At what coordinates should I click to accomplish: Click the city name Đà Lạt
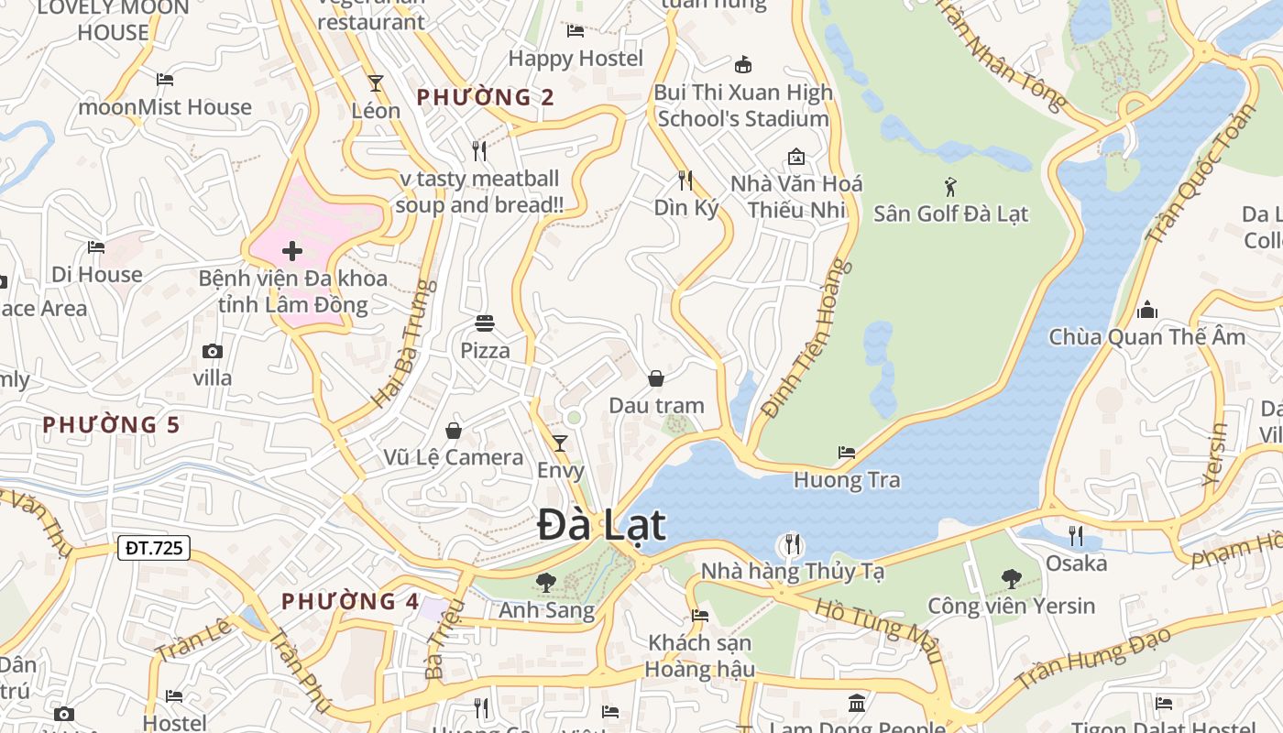click(601, 526)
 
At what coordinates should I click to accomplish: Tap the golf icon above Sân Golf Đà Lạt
click(950, 187)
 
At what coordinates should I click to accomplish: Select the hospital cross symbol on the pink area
click(292, 251)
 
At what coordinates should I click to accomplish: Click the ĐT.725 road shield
click(154, 548)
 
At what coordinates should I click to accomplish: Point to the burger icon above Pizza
click(485, 323)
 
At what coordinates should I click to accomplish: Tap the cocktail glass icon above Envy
click(559, 443)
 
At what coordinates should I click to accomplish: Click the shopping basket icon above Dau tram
click(656, 378)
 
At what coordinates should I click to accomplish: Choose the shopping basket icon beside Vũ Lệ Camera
click(454, 431)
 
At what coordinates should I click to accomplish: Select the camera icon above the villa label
click(213, 351)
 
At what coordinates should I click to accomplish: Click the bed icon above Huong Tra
click(847, 453)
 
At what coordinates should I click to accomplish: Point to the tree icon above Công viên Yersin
click(1011, 578)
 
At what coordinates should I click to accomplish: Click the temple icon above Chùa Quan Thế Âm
click(1146, 310)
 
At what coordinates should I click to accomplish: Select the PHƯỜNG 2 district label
click(486, 97)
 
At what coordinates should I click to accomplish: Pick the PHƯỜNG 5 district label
click(111, 425)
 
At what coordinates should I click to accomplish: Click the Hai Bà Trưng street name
click(404, 345)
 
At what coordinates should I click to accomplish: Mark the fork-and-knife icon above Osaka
click(1076, 535)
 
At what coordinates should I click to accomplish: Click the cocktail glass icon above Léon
click(376, 83)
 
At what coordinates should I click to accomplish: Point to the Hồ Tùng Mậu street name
click(878, 630)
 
